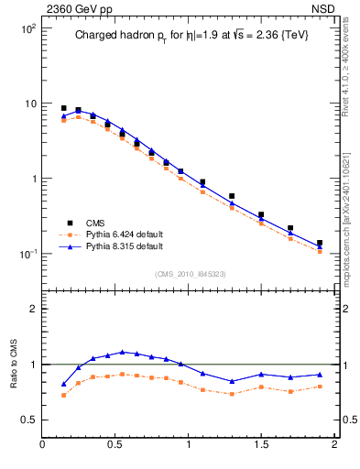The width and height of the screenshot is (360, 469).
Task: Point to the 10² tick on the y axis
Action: tap(28, 28)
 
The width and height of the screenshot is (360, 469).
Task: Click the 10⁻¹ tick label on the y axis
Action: tap(28, 254)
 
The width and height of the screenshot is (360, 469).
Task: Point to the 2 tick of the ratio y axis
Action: tap(33, 309)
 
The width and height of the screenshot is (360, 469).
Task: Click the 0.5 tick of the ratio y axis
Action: tap(28, 420)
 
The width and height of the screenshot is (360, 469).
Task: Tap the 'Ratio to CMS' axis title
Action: tap(14, 364)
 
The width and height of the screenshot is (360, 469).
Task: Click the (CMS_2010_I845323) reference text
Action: tap(190, 272)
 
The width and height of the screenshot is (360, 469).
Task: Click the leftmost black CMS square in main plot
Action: tap(63, 108)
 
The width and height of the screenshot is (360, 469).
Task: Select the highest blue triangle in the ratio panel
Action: tap(122, 352)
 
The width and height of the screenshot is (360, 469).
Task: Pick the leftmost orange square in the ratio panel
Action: tap(63, 395)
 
